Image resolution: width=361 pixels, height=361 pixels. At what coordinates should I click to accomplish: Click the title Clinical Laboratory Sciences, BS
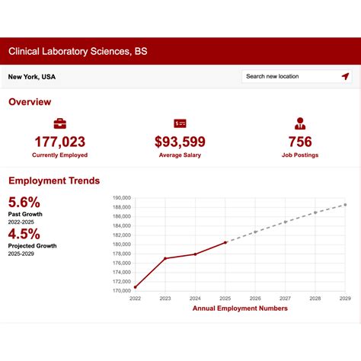pyautogui.click(x=78, y=52)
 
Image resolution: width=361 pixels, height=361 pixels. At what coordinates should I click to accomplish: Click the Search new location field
pyautogui.click(x=289, y=76)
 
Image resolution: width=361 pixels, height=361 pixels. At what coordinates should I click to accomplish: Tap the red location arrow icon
pyautogui.click(x=345, y=76)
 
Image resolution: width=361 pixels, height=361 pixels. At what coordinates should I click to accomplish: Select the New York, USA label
pyautogui.click(x=32, y=77)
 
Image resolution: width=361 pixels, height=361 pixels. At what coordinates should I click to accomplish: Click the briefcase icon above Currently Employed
pyautogui.click(x=59, y=123)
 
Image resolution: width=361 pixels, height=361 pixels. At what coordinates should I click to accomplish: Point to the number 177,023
pyautogui.click(x=59, y=142)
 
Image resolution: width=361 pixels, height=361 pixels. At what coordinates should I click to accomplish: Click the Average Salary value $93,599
pyautogui.click(x=180, y=142)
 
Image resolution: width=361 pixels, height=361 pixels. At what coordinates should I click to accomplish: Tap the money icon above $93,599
pyautogui.click(x=180, y=123)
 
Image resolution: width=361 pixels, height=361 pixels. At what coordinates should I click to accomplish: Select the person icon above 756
pyautogui.click(x=300, y=123)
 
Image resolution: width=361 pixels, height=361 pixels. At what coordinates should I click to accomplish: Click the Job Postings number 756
pyautogui.click(x=300, y=142)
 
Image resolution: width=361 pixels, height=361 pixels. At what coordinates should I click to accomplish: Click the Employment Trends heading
pyautogui.click(x=54, y=180)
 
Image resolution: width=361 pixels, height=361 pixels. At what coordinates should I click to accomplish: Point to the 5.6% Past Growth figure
pyautogui.click(x=24, y=202)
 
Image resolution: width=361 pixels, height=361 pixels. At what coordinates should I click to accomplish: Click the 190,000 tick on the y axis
pyautogui.click(x=121, y=197)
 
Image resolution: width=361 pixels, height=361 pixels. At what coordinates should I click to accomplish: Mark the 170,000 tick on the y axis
pyautogui.click(x=121, y=290)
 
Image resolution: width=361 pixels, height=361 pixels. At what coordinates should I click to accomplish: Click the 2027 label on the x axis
pyautogui.click(x=285, y=299)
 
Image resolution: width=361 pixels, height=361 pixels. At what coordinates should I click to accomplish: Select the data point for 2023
pyautogui.click(x=165, y=259)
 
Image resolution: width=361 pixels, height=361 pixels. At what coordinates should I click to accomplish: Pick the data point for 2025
pyautogui.click(x=225, y=242)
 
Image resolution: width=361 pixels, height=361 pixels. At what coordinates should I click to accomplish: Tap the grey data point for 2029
pyautogui.click(x=345, y=204)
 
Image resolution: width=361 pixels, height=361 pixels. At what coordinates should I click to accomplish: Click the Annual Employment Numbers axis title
pyautogui.click(x=240, y=308)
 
